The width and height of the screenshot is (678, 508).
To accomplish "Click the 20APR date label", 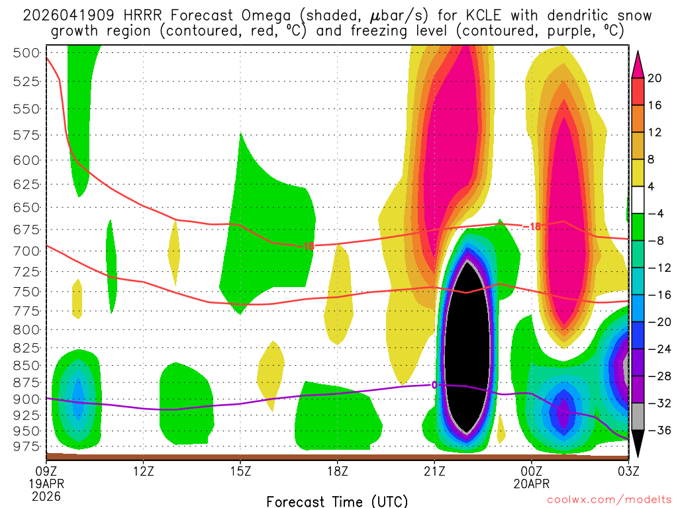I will pos(532,484).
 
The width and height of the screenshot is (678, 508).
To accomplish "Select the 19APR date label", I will pos(46,484).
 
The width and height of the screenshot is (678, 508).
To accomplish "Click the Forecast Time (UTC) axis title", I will pos(337,501).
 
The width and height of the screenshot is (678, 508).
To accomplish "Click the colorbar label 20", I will pos(655,78).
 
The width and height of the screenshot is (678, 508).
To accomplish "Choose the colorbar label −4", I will pos(655,214).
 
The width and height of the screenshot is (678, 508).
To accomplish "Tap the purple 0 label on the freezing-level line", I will pos(435,385).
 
